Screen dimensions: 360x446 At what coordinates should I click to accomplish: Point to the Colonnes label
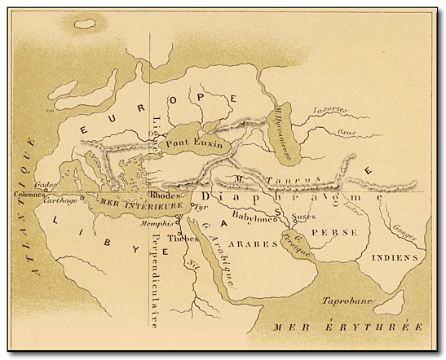tap(28, 195)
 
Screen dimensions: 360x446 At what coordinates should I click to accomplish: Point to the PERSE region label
tap(335, 232)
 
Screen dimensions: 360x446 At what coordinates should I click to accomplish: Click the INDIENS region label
tap(394, 257)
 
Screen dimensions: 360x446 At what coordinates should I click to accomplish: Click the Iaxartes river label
tap(330, 111)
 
